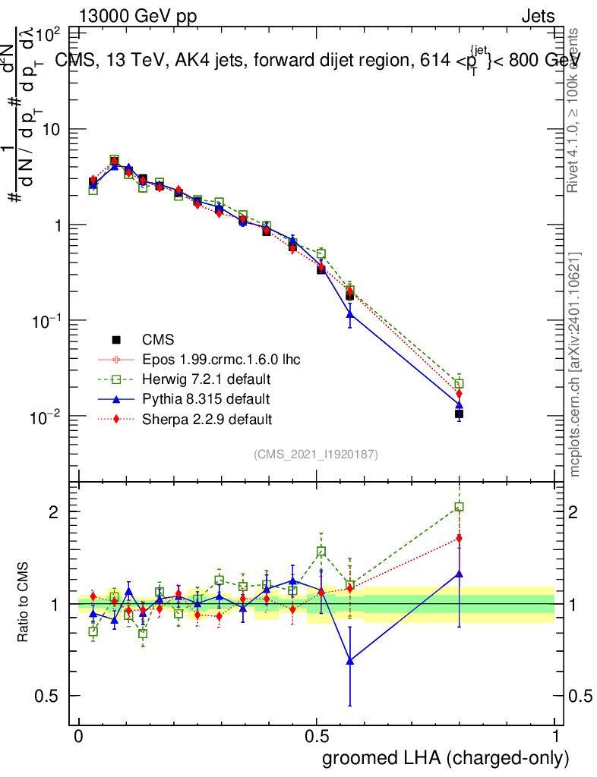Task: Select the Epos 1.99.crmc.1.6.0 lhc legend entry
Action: [x=221, y=359]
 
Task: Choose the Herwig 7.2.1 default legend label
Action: [x=207, y=379]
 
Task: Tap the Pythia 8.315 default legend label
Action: [x=206, y=398]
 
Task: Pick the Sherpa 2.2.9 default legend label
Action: [x=207, y=418]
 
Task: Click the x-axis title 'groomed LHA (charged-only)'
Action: [x=446, y=758]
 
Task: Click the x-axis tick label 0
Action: [x=78, y=737]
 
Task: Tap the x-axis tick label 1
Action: [x=555, y=737]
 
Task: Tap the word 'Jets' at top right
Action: [x=537, y=17]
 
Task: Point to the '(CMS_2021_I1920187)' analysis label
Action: [x=316, y=454]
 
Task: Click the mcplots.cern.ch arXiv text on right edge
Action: [x=576, y=364]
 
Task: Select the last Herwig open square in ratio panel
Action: [x=459, y=507]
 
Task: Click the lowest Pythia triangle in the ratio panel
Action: [x=350, y=661]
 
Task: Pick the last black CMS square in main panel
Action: [x=459, y=414]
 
